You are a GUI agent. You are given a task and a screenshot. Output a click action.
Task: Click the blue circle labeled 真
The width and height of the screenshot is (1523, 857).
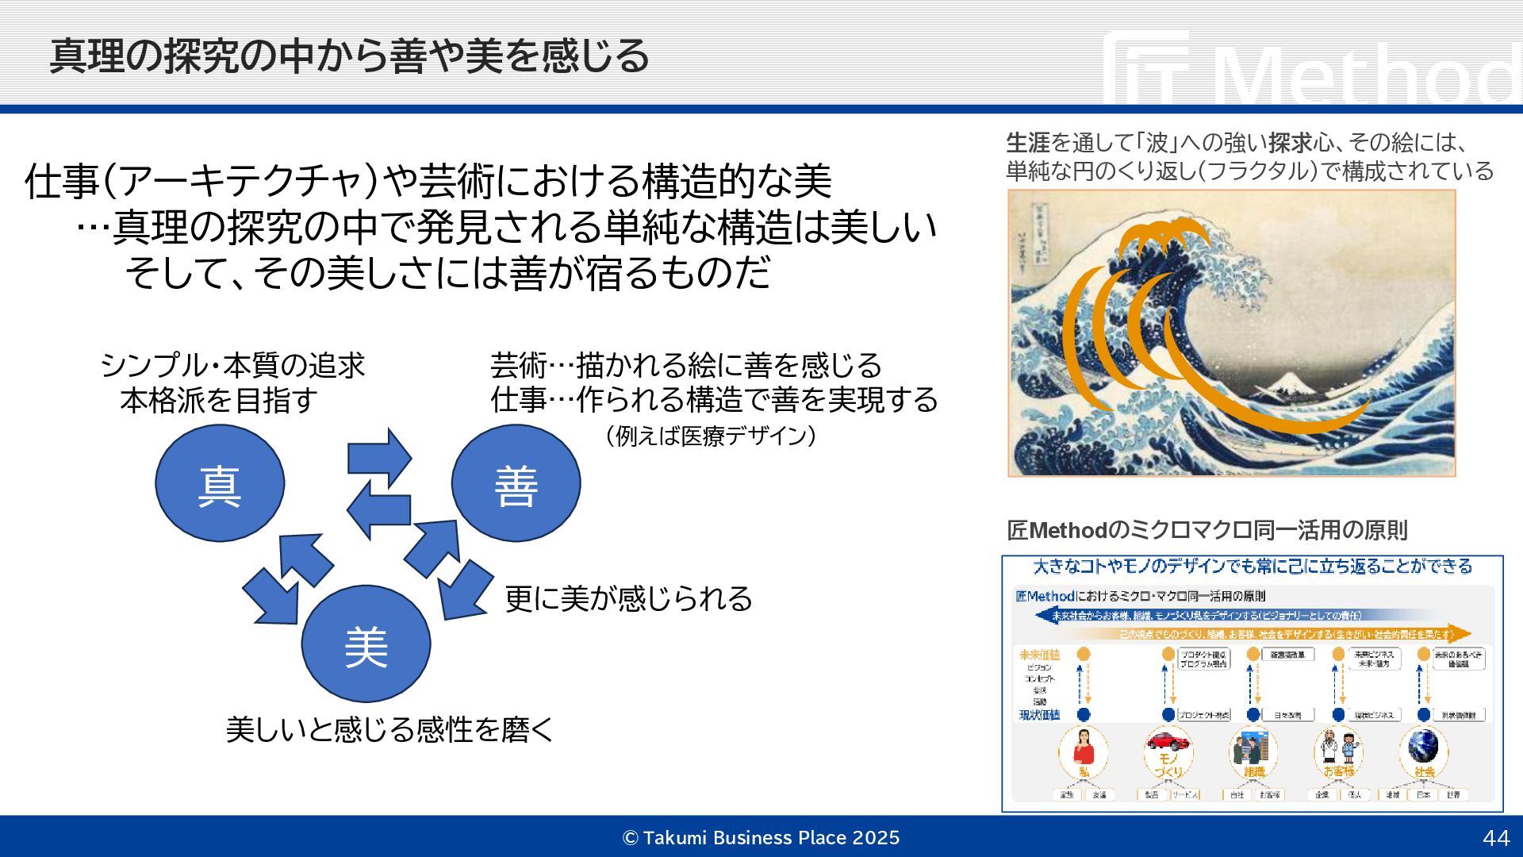(x=220, y=483)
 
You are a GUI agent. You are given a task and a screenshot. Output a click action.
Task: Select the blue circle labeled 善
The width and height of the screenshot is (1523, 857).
(x=516, y=483)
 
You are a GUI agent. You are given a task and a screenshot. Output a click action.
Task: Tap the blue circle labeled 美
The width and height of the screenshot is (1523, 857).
(x=366, y=644)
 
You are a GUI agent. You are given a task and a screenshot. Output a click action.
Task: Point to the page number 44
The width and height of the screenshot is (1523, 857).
(x=1495, y=838)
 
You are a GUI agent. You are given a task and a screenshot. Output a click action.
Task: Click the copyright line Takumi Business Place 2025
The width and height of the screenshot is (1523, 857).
(x=761, y=838)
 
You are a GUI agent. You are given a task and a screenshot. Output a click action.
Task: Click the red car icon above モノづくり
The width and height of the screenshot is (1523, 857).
(x=1168, y=742)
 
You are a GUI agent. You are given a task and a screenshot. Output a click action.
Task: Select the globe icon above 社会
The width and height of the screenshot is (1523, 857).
(x=1424, y=746)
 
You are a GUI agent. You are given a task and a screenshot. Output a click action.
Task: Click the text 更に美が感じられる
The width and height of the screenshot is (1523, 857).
(x=628, y=598)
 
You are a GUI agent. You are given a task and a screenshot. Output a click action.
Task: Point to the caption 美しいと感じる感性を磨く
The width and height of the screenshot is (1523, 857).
(x=389, y=729)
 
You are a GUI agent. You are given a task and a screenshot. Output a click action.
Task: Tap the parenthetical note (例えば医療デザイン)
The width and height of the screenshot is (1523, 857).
(x=710, y=436)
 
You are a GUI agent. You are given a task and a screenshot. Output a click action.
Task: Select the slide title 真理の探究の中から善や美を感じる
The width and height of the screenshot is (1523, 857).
(x=349, y=56)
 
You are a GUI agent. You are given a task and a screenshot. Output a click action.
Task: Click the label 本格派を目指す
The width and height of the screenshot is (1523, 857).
(x=219, y=400)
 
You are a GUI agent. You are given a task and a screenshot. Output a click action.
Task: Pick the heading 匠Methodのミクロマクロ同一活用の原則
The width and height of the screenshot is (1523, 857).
(x=1207, y=530)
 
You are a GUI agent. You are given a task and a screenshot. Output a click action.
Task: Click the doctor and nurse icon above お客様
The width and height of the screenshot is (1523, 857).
(x=1339, y=746)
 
